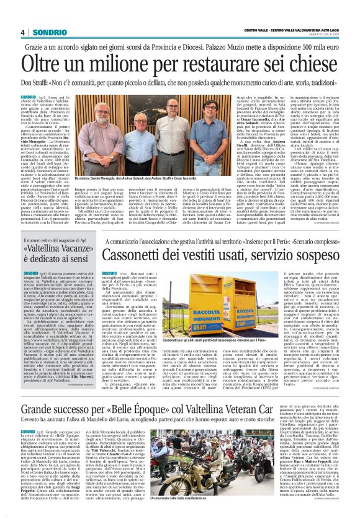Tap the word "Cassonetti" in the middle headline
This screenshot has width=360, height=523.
click(137, 255)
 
